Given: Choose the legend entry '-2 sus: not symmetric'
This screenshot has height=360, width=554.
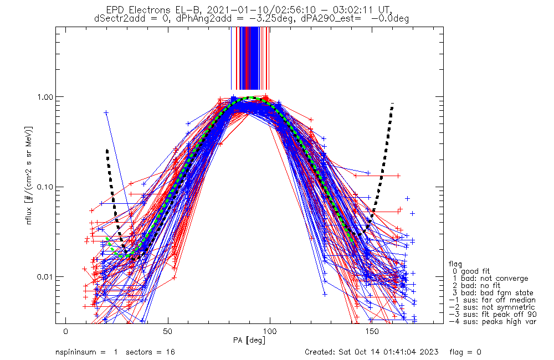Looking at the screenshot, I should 492,307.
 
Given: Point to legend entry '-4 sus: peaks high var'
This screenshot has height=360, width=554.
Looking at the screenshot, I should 492,322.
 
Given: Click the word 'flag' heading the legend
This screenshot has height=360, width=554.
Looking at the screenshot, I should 456,264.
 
